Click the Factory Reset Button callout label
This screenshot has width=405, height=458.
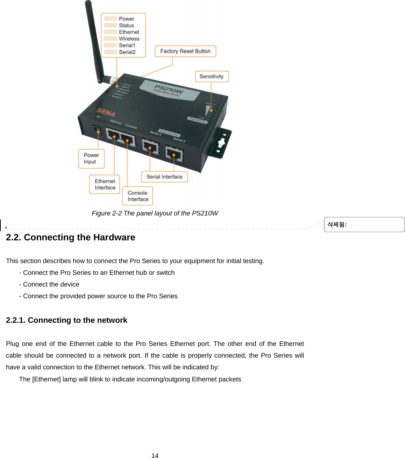point(185,51)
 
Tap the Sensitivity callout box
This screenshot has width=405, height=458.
point(212,77)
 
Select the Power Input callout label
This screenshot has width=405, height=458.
point(91,159)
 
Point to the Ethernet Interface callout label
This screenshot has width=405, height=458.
point(105,184)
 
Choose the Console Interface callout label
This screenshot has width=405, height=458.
point(138,196)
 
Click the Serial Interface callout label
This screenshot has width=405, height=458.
point(164,177)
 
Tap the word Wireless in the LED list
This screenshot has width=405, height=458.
point(129,39)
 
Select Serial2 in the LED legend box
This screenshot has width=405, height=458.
point(127,52)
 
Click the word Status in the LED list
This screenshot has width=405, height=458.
point(126,26)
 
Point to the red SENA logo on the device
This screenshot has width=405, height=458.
point(106,112)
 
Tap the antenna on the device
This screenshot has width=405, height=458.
point(94,40)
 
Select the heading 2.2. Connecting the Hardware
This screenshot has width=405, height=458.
point(71,237)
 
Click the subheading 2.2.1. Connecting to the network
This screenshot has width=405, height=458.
point(67,320)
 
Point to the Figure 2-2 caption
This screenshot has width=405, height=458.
point(155,213)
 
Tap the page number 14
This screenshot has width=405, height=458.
point(155,455)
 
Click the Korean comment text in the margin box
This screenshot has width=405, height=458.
point(337,225)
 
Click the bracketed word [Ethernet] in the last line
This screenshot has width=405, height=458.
point(47,379)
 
